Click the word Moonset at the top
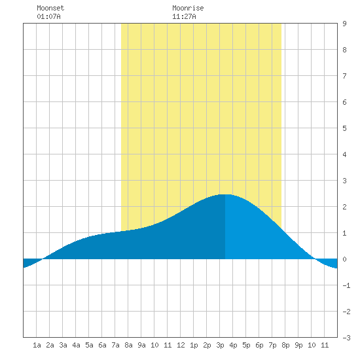(x=50, y=8)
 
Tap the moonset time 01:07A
(x=48, y=16)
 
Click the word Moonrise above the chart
(x=188, y=8)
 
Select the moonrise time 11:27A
(x=184, y=16)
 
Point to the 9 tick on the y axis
(x=344, y=24)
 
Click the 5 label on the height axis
(x=344, y=128)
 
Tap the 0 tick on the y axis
(x=344, y=259)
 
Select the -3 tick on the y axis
(x=346, y=338)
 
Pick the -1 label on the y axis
(x=346, y=285)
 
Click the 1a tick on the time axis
(x=37, y=345)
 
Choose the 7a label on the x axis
(x=115, y=345)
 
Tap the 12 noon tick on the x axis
(x=181, y=345)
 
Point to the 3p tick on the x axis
(x=220, y=345)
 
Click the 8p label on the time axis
(x=285, y=345)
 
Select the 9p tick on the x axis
(x=298, y=345)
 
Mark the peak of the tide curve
(x=225, y=194)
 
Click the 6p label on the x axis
(x=259, y=345)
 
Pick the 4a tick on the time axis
(x=76, y=345)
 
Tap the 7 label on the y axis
(x=344, y=76)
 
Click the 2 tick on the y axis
(x=344, y=207)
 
